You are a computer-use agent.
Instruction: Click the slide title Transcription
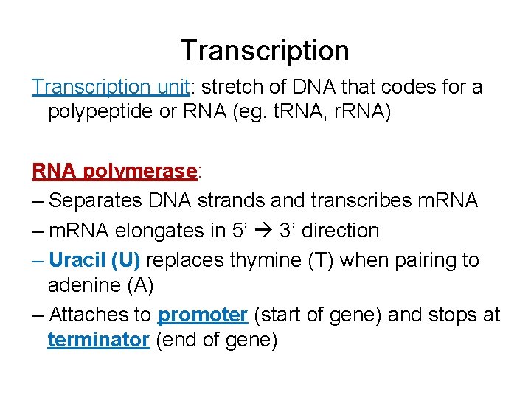tap(265, 51)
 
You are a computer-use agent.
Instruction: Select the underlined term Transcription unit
tap(111, 87)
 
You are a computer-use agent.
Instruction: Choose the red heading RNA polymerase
tap(114, 171)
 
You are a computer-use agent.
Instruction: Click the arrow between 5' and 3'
tap(263, 231)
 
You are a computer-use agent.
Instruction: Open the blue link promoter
tap(203, 315)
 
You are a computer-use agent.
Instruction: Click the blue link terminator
tap(98, 341)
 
